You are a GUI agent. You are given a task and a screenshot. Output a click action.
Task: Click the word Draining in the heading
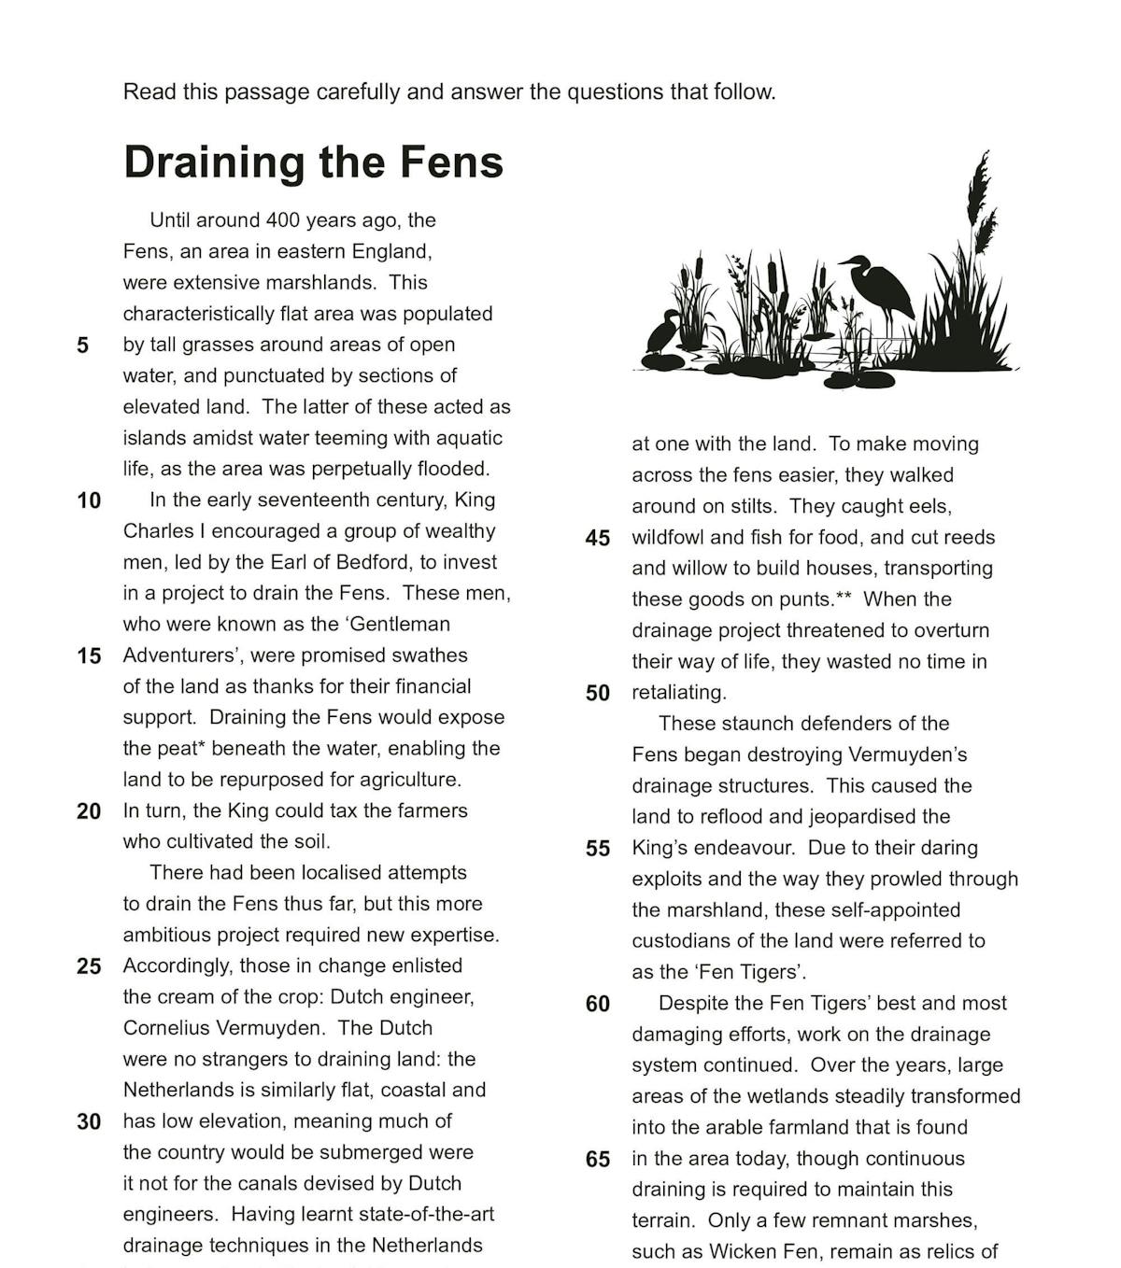tap(214, 162)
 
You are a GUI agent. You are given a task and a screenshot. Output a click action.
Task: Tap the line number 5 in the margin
tap(83, 345)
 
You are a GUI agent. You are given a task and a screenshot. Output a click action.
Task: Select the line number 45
tap(597, 538)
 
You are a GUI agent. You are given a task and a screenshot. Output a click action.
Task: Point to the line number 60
tap(597, 1004)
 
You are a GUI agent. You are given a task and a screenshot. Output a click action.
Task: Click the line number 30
tap(89, 1121)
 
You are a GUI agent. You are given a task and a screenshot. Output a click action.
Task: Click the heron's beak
tap(844, 261)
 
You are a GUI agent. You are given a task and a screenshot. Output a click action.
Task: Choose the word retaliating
tap(678, 693)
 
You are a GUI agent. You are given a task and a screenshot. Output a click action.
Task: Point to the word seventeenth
tap(303, 500)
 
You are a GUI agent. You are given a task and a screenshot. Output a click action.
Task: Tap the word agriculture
tap(410, 780)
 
